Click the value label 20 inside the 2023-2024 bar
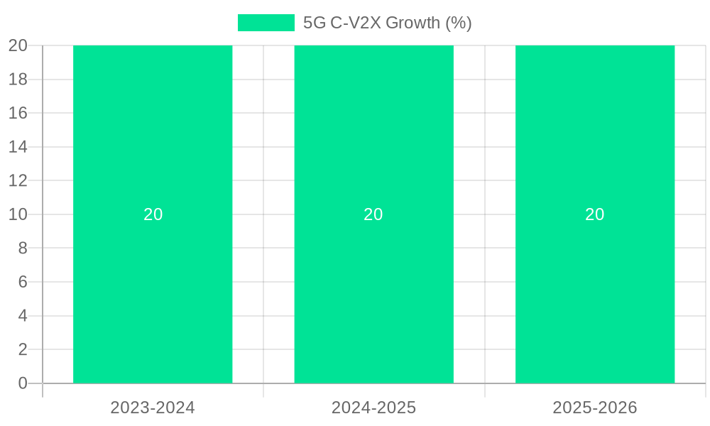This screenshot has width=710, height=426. (153, 214)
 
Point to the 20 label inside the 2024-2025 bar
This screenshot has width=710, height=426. (373, 214)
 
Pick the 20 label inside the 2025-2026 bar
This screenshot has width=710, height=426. (595, 214)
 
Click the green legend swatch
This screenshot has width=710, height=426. (266, 23)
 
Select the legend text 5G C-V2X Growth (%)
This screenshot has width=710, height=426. (387, 23)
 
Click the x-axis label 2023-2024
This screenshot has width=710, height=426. (153, 408)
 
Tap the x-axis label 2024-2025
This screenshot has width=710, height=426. (373, 408)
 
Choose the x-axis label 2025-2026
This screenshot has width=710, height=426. (595, 408)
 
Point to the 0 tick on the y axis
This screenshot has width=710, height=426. (23, 383)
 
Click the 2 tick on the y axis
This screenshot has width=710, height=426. (23, 349)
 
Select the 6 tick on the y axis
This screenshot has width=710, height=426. (23, 282)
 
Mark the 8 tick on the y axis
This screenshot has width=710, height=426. (23, 248)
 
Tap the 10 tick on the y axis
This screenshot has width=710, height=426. (18, 214)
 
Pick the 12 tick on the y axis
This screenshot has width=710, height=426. (18, 180)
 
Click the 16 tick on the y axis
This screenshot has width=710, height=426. (18, 113)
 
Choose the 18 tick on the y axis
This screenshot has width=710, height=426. (18, 79)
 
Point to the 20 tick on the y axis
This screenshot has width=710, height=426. (18, 45)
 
